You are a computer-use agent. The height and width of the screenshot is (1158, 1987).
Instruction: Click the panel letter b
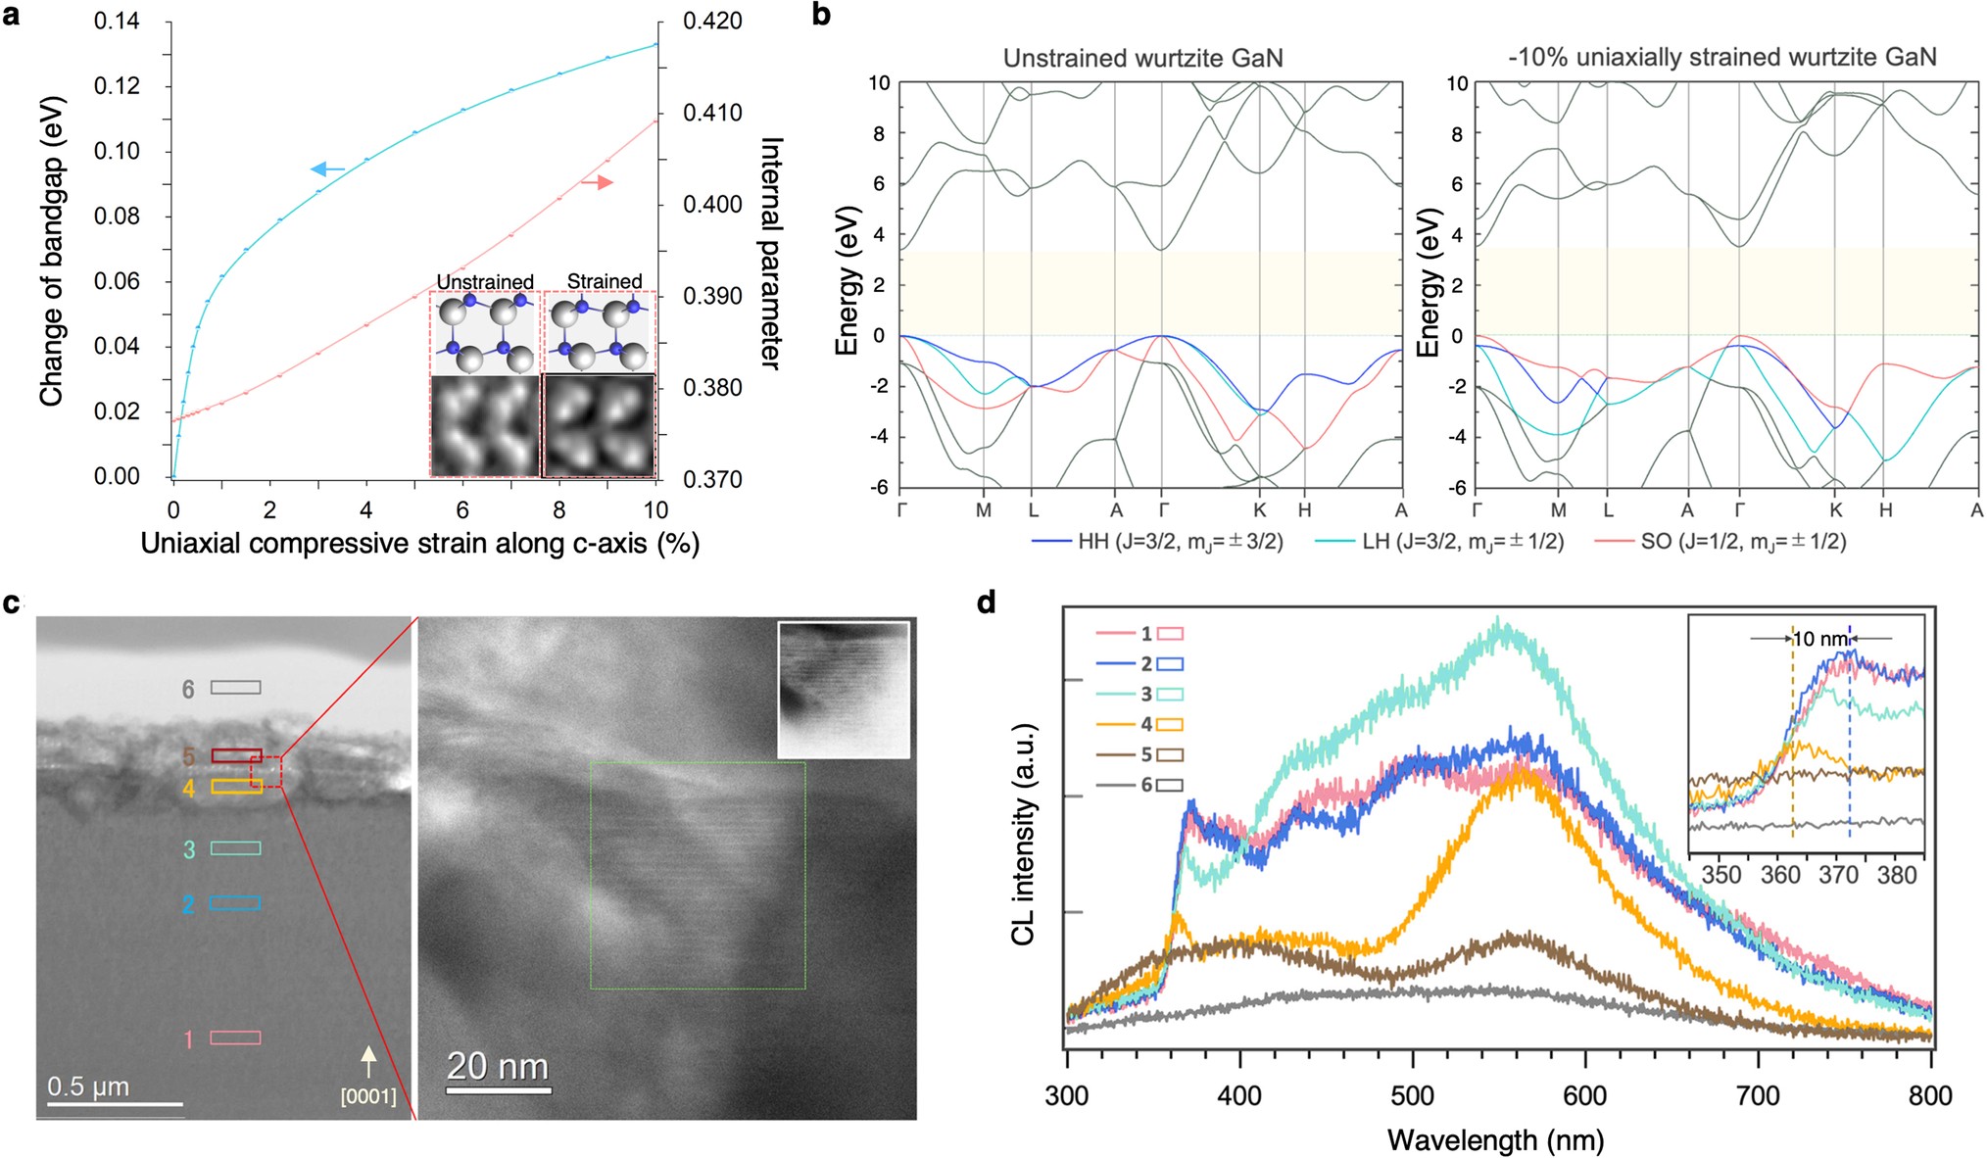coord(821,15)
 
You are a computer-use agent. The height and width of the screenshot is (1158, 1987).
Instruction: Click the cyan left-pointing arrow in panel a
coord(326,170)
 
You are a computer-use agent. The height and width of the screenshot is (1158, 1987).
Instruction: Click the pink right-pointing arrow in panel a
coord(598,182)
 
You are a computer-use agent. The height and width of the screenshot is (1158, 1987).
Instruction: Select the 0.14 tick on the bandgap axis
coord(117,22)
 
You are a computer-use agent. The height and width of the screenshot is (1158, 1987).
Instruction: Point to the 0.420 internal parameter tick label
coord(712,22)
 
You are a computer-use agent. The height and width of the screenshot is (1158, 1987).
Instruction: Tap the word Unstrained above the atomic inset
coord(485,282)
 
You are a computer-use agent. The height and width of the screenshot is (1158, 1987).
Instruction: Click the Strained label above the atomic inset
coord(605,281)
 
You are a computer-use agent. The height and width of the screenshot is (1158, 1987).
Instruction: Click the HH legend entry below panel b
coord(1156,541)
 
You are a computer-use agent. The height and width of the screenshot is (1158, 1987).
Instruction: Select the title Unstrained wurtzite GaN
coord(1142,58)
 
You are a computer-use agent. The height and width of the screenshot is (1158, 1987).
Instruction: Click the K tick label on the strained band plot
coord(1836,510)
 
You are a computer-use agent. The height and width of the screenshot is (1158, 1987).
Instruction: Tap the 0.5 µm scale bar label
coord(88,1086)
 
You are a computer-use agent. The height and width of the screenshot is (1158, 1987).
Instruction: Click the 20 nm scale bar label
coord(498,1066)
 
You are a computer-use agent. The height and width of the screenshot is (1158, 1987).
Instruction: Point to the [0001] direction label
coord(368,1096)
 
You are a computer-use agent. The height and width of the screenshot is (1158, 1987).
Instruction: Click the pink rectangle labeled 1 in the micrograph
coord(235,1037)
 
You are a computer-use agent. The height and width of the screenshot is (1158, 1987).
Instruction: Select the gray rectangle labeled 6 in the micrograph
coord(236,688)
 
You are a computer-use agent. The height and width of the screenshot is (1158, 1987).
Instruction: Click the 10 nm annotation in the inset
coord(1819,639)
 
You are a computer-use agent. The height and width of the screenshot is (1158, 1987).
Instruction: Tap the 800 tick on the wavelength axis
coord(1929,1096)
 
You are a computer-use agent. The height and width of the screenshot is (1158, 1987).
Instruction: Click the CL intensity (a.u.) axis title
coord(1023,834)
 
